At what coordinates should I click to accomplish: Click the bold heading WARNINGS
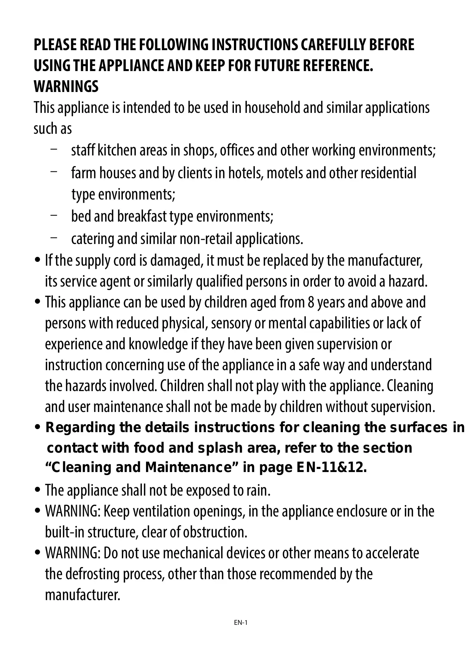(66, 87)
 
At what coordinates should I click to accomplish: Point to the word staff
(83, 151)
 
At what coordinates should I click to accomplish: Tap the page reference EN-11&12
(331, 467)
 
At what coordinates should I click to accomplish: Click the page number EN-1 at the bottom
(241, 623)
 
